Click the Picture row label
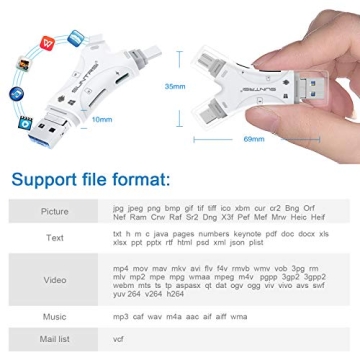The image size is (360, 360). (55, 212)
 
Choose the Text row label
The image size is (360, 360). (55, 238)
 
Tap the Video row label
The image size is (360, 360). (55, 279)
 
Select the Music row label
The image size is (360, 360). (55, 316)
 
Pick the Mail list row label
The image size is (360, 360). (55, 339)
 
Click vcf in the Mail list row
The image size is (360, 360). (119, 339)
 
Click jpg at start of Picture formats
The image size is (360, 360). (119, 204)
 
